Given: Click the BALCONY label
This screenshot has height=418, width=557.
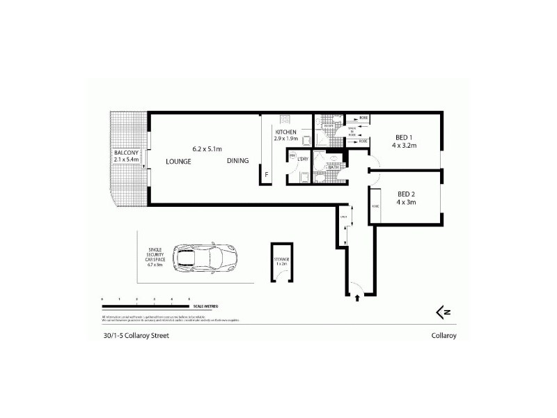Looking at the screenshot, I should pyautogui.click(x=127, y=153).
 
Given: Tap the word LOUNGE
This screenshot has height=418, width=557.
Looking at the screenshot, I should pyautogui.click(x=178, y=162).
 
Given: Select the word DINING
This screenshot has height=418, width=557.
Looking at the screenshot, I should pyautogui.click(x=237, y=162).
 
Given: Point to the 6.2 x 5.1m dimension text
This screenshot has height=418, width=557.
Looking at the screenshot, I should pyautogui.click(x=207, y=148).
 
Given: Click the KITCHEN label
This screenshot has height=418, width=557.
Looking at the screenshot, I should pyautogui.click(x=285, y=132).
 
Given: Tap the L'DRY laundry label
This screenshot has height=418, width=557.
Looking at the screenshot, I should pyautogui.click(x=303, y=160).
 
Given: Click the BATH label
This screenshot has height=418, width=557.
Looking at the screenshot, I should pyautogui.click(x=333, y=167).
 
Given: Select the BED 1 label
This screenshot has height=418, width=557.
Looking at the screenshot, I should pyautogui.click(x=402, y=137).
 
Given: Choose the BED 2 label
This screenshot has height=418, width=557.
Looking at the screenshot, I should pyautogui.click(x=407, y=194).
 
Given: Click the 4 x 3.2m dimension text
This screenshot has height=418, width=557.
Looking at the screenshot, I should pyautogui.click(x=403, y=146).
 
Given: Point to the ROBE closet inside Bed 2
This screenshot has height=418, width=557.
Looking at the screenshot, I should pyautogui.click(x=375, y=207).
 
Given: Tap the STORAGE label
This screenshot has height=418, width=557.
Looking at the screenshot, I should pyautogui.click(x=281, y=259).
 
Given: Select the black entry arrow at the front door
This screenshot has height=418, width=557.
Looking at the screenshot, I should pyautogui.click(x=357, y=298).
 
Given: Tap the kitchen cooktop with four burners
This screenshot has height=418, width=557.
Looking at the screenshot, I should pyautogui.click(x=284, y=118).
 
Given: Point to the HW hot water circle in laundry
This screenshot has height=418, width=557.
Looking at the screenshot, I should pyautogui.click(x=293, y=155).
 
